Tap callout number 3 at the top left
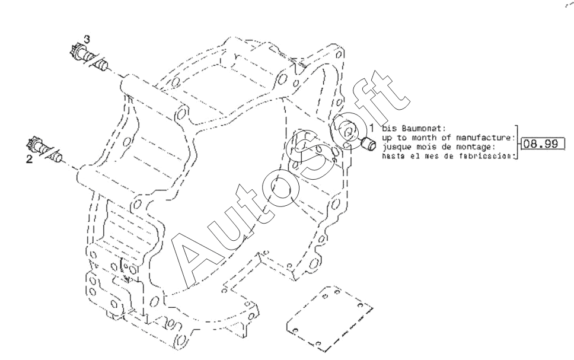[x=87, y=39]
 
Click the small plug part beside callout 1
[x=368, y=143]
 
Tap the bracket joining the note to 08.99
[x=517, y=143]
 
